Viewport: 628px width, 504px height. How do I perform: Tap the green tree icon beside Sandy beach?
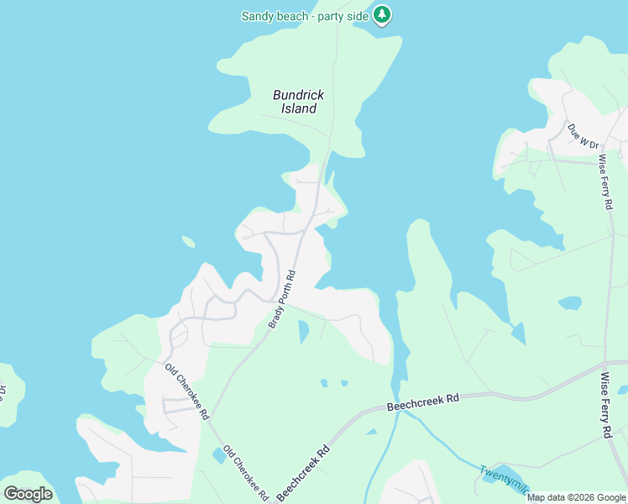[382, 15]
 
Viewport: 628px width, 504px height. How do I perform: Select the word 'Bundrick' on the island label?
[298, 95]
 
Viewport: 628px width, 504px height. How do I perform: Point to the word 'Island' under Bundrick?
[298, 108]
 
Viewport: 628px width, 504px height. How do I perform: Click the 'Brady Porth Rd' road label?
[283, 299]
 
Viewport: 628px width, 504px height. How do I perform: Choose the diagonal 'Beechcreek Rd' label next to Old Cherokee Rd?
[303, 472]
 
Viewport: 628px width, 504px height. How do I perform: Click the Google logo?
[28, 494]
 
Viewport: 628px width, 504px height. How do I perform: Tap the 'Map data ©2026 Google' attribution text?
[577, 497]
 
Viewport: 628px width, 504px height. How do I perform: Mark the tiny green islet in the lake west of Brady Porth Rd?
[189, 243]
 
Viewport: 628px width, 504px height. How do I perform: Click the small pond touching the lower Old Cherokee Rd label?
[219, 456]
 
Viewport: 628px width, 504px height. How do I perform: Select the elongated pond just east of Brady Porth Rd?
[303, 332]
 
